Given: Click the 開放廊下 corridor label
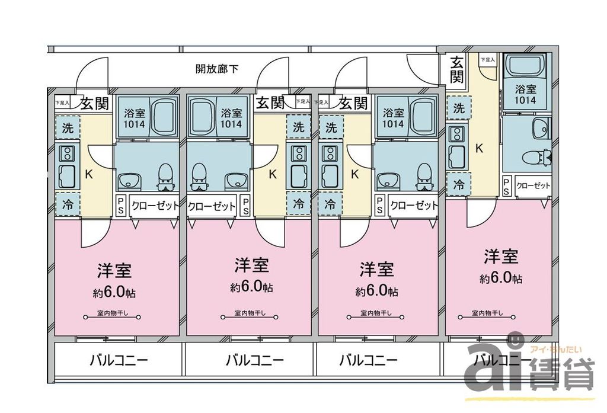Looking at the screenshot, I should tap(217, 69).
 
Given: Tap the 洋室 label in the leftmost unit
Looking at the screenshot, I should tap(114, 271).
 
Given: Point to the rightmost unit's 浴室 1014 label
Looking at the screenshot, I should tap(525, 95).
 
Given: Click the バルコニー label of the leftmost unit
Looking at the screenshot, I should tap(119, 360).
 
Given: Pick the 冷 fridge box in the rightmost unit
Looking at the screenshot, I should tap(459, 184).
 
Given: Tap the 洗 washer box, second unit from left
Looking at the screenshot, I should tap(299, 126).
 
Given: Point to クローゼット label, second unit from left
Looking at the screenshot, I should tap(212, 207).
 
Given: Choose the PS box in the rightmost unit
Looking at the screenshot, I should tap(507, 186).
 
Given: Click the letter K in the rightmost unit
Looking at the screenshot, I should tap(479, 148).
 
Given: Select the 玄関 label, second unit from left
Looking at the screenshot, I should tap(270, 103).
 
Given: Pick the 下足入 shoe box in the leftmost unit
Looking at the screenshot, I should tap(62, 103).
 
